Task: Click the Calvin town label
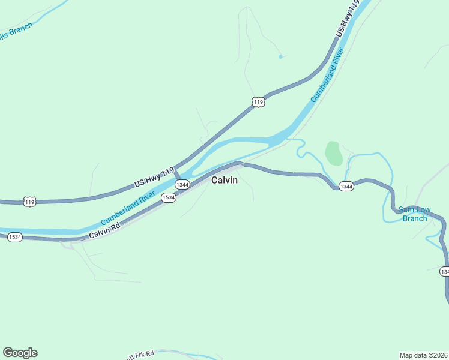[x=224, y=180]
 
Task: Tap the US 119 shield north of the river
[x=258, y=103]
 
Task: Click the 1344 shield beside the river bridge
[x=182, y=185]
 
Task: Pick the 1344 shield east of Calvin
[x=346, y=187]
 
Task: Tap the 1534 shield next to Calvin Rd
[x=169, y=197]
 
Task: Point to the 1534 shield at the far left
[x=15, y=238]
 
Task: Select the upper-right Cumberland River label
[x=327, y=78]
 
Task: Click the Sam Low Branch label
[x=415, y=214]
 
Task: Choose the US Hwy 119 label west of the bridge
[x=154, y=176]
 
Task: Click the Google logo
[x=20, y=353]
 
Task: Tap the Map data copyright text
[x=423, y=355]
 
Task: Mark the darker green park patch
[x=334, y=154]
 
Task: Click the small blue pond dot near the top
[x=280, y=57]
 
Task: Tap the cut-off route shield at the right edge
[x=445, y=272]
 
